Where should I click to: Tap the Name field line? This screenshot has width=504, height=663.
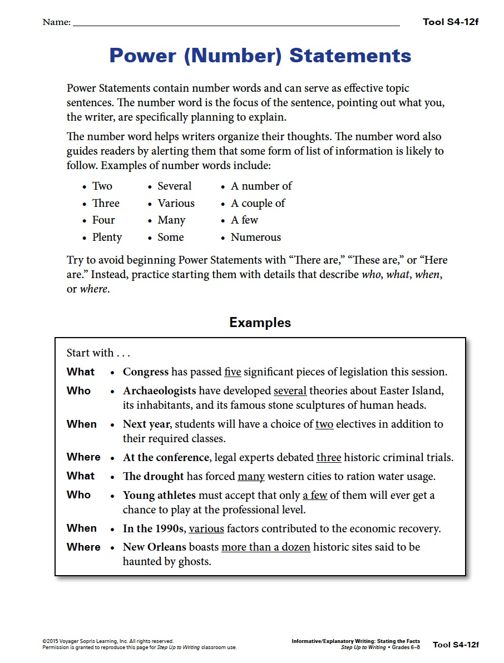coord(236,25)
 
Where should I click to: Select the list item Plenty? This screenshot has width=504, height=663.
coord(107,238)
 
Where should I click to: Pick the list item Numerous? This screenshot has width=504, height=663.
coord(256,238)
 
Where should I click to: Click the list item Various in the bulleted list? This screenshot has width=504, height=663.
coord(176,204)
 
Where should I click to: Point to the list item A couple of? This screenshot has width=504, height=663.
coord(258,204)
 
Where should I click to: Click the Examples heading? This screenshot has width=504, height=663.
coord(260,323)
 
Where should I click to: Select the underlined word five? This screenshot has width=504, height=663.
coord(233,372)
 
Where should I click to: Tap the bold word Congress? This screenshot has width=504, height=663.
coord(146,372)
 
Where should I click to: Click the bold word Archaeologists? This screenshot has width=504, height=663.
coord(160,391)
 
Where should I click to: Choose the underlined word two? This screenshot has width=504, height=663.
coord(324,424)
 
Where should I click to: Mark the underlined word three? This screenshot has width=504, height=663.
coord(329,458)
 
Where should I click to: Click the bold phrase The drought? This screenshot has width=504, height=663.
coord(154,477)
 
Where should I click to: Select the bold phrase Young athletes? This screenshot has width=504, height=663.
coord(160,495)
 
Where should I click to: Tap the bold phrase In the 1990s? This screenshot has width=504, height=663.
coord(154,529)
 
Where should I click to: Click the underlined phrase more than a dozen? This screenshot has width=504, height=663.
coord(266,547)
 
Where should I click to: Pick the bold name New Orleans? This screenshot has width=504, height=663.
coord(155,547)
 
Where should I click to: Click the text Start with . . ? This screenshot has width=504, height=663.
coord(90,353)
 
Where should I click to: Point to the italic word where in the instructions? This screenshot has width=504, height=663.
coord(93,289)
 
